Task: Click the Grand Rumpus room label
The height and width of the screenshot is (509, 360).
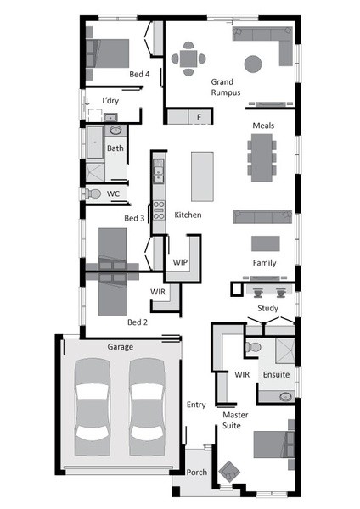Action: coord(226,87)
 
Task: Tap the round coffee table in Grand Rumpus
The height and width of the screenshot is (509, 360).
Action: coord(253,64)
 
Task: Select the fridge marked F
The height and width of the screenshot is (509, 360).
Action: coord(200,116)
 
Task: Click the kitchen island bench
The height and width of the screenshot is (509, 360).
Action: coord(202,176)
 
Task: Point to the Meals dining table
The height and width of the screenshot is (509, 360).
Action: coord(262,158)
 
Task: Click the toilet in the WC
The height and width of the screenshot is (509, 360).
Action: coord(93,193)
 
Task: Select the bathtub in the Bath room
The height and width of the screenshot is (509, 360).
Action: coord(95,143)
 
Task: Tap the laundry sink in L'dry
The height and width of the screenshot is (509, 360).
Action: coord(110,117)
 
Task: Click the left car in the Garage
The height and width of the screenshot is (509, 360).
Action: coord(92,407)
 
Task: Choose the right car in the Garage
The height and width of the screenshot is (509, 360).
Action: coord(147,407)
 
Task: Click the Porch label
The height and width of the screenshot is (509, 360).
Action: coord(197,472)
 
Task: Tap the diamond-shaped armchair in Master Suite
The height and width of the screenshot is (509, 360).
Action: coord(229,472)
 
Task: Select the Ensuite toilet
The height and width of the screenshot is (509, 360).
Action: coord(253,347)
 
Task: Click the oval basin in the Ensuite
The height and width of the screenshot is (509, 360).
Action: coord(285,397)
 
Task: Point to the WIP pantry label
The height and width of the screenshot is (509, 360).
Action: coord(180,262)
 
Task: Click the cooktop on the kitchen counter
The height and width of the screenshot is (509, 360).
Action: coord(159,210)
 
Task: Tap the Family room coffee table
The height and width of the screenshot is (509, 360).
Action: coord(266,243)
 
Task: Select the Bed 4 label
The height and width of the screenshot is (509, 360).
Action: coord(139,74)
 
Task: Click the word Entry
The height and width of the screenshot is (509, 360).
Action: coord(196,405)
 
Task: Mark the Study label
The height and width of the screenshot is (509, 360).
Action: coord(267,308)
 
